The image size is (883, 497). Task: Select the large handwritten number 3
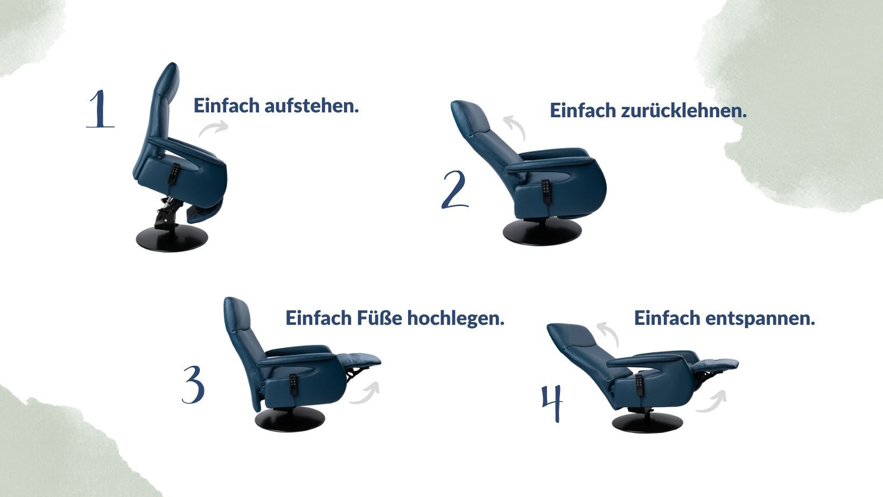[193, 385]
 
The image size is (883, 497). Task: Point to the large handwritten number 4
[552, 403]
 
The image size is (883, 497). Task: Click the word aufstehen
[311, 106]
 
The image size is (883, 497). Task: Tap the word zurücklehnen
[684, 111]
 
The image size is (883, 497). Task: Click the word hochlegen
[455, 318]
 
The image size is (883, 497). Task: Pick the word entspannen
[760, 318]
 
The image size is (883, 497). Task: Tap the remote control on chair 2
[546, 191]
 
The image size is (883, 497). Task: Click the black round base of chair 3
[290, 419]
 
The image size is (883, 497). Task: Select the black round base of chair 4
[647, 423]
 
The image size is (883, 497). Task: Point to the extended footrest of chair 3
[359, 359]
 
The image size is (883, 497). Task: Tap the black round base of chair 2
[542, 232]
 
